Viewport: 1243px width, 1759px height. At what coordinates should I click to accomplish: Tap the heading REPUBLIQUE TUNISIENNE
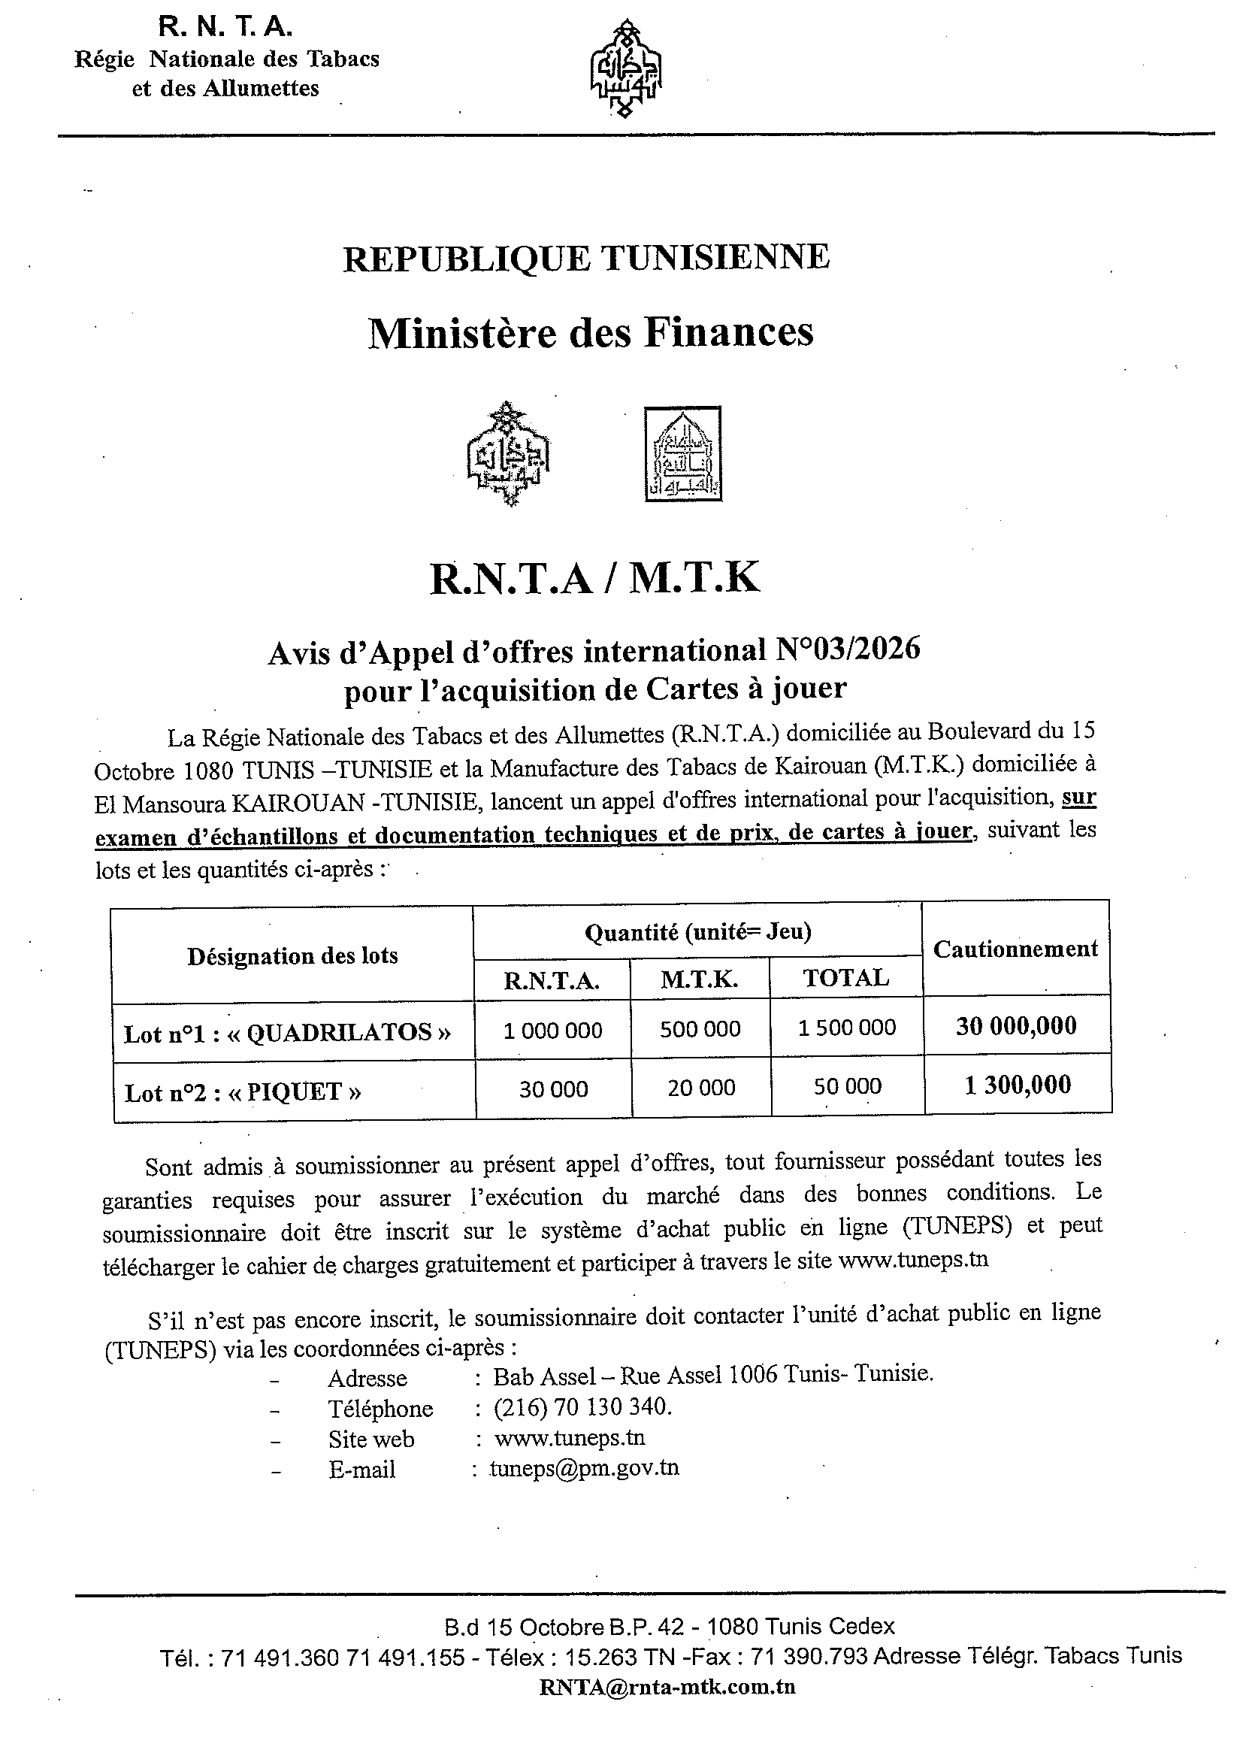point(586,258)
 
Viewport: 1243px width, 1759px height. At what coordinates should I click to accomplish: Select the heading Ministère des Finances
point(591,333)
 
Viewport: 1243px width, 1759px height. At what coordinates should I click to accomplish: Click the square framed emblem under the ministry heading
point(682,454)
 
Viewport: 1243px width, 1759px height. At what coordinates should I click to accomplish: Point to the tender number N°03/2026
point(848,650)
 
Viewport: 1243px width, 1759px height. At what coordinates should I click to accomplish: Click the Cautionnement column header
point(1015,949)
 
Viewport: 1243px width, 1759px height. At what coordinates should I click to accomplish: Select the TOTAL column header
point(845,978)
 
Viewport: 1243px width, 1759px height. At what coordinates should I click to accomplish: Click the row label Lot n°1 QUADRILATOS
point(287,1033)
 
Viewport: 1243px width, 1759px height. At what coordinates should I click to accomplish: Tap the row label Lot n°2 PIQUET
point(242,1091)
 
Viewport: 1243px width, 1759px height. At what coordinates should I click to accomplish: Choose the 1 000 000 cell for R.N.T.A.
point(552,1031)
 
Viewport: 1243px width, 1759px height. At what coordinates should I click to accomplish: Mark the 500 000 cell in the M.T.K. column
point(700,1029)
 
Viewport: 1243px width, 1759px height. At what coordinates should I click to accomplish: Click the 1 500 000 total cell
point(846,1028)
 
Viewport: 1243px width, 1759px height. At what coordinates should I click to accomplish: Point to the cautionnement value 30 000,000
point(1016,1026)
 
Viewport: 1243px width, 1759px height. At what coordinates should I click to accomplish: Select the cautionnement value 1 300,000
point(1017,1085)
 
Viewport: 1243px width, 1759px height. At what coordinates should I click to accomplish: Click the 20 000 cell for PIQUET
point(700,1088)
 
